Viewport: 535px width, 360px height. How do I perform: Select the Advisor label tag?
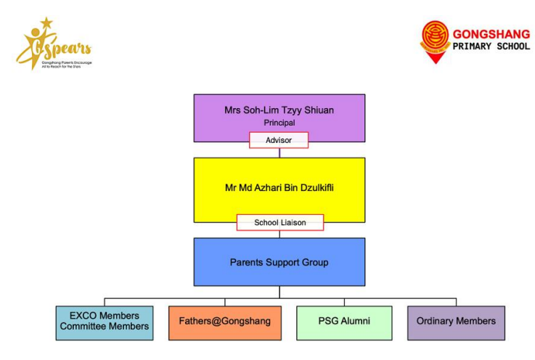click(x=279, y=140)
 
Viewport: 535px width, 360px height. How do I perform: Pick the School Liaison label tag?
click(x=279, y=223)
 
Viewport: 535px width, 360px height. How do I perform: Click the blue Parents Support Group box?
click(x=279, y=262)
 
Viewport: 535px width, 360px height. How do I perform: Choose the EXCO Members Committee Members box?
click(x=105, y=322)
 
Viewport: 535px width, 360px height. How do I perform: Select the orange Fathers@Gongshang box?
click(x=219, y=322)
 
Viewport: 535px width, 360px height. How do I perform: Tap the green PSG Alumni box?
click(x=344, y=322)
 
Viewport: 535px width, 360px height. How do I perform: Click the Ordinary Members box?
click(x=456, y=322)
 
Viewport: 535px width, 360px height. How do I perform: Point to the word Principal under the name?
click(x=279, y=123)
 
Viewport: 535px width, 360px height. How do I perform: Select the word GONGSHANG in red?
click(x=491, y=33)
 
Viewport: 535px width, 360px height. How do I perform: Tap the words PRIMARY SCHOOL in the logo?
click(x=491, y=46)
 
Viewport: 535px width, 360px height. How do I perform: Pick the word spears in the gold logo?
click(x=70, y=49)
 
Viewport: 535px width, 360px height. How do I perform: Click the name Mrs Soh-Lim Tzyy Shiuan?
click(x=279, y=110)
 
